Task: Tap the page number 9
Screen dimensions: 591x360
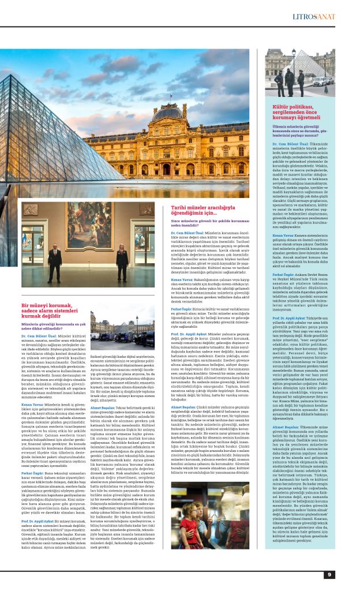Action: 329,574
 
